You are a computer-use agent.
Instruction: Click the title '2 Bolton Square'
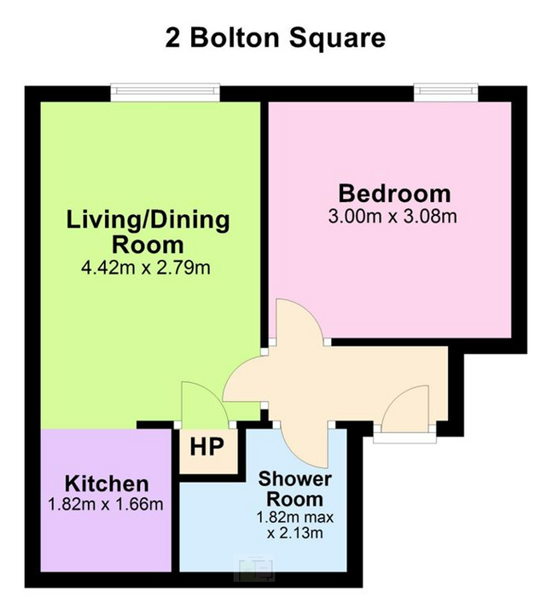pos(275,38)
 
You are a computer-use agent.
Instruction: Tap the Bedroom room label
pos(394,194)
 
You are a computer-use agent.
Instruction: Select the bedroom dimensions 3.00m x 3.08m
pos(393,217)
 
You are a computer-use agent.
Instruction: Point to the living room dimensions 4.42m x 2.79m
pos(146,268)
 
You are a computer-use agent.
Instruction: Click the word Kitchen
pos(107,484)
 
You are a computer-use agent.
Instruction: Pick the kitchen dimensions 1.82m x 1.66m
pos(106,505)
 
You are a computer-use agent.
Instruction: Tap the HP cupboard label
pos(206,447)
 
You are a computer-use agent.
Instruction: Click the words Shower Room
pos(295,489)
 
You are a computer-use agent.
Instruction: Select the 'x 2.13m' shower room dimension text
pos(295,533)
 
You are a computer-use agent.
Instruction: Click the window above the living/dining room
pos(165,92)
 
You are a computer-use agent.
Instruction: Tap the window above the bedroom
pos(445,92)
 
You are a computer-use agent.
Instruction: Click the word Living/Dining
pos(148,220)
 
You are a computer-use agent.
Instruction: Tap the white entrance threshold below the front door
pos(404,438)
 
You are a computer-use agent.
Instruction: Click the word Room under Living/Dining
pos(148,245)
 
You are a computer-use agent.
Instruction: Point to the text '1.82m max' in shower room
pos(295,518)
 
